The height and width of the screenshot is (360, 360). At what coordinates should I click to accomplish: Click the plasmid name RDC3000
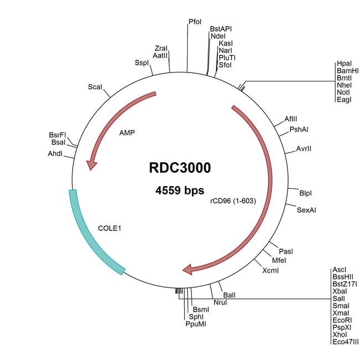tap(180, 167)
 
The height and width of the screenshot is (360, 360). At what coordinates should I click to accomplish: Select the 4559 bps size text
tap(180, 191)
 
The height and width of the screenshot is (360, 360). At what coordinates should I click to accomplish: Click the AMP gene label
tap(127, 133)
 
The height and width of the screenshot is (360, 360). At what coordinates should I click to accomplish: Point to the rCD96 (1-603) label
tap(233, 200)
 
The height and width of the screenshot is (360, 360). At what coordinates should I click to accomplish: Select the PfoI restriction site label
tap(195, 22)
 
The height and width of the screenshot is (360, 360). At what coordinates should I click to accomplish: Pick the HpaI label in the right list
tap(344, 64)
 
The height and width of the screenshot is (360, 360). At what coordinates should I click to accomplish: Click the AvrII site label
tap(305, 149)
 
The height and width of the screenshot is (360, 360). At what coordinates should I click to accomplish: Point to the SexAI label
tap(306, 210)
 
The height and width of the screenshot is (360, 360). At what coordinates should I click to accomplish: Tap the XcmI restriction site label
tap(271, 270)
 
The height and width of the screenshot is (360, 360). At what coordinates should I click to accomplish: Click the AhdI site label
tap(55, 153)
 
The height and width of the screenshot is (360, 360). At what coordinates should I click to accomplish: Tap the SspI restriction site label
tap(142, 63)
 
